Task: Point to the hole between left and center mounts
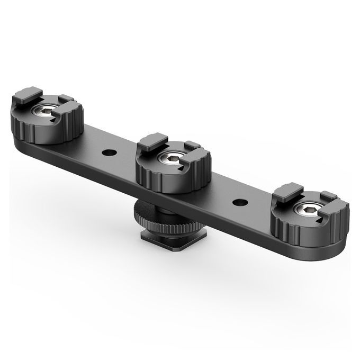pyautogui.click(x=109, y=154)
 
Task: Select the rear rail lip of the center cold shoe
pyautogui.click(x=154, y=141)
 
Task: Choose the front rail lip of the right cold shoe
pyautogui.click(x=335, y=208)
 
